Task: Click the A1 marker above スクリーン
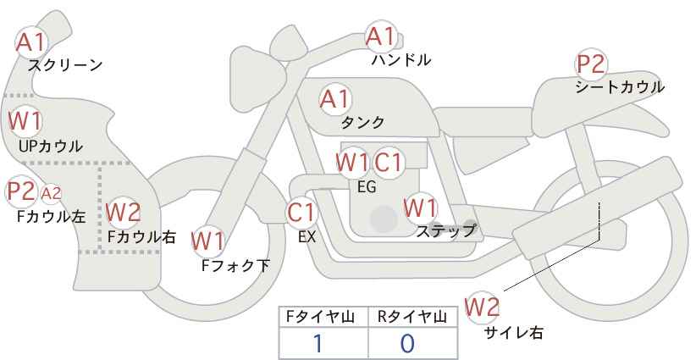pyautogui.click(x=30, y=42)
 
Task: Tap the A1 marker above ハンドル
pyautogui.click(x=380, y=36)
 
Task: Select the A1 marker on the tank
pyautogui.click(x=335, y=99)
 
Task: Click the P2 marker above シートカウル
pyautogui.click(x=591, y=64)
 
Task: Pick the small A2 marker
pyautogui.click(x=51, y=193)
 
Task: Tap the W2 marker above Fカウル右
pyautogui.click(x=123, y=212)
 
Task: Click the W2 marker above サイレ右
pyautogui.click(x=482, y=307)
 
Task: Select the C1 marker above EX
pyautogui.click(x=301, y=213)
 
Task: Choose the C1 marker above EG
pyautogui.click(x=388, y=163)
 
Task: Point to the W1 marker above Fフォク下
pyautogui.click(x=208, y=242)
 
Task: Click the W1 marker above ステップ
pyautogui.click(x=420, y=208)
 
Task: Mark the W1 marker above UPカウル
pyautogui.click(x=25, y=121)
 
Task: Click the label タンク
pyautogui.click(x=362, y=123)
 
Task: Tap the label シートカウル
pyautogui.click(x=620, y=87)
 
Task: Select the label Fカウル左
pyautogui.click(x=52, y=217)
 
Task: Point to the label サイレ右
pyautogui.click(x=514, y=333)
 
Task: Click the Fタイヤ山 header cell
pyautogui.click(x=323, y=317)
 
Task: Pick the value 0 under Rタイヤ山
pyautogui.click(x=407, y=343)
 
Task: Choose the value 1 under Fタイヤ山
pyautogui.click(x=318, y=343)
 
